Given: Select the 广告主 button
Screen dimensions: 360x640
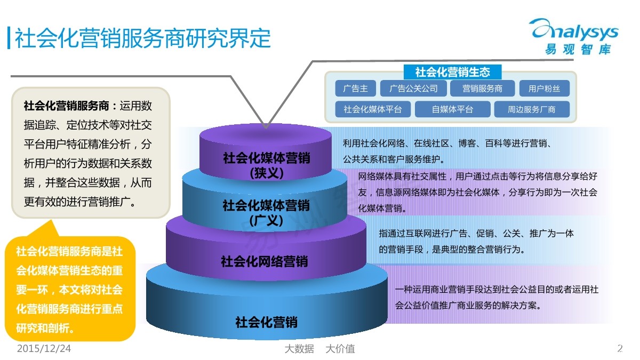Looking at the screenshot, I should point(355,89).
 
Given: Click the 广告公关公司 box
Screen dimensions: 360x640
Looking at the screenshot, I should point(413,89).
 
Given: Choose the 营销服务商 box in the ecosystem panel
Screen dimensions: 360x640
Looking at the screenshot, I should point(482,89).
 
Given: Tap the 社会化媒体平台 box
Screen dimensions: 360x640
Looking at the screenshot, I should point(373,109).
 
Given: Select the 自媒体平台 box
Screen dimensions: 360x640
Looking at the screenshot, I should point(452,109).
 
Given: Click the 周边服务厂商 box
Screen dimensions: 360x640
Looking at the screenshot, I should point(531,109).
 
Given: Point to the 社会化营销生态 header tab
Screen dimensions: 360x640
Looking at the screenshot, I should point(452,71).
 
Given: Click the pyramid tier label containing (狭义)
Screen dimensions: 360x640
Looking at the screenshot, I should point(266,165).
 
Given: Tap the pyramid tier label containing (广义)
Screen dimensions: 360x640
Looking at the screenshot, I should point(266,212).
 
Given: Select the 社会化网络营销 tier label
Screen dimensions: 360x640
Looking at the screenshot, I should point(265,261).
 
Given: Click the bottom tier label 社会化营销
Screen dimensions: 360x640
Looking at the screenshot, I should point(266,322).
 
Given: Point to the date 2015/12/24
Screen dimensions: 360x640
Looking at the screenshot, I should point(44,349).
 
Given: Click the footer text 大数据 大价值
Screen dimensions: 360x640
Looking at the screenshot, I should point(319,349).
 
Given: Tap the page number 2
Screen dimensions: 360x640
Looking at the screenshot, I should point(620,349).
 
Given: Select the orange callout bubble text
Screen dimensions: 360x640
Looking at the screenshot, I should point(69,289).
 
